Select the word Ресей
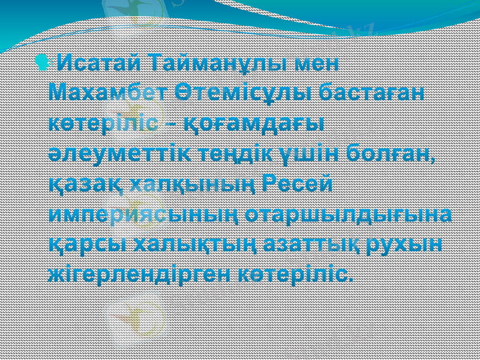[x=299, y=183]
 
